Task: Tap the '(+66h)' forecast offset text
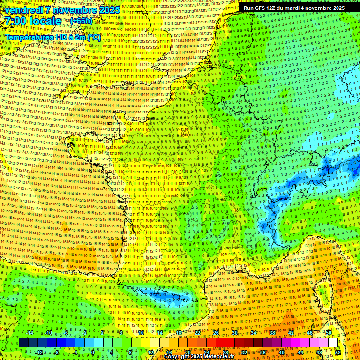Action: (81, 21)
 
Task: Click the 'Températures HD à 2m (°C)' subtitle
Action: (52, 37)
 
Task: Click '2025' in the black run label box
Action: (337, 8)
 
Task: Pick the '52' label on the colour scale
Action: (338, 352)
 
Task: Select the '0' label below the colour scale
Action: (93, 352)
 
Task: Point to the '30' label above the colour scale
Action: (234, 333)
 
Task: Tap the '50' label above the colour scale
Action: (329, 333)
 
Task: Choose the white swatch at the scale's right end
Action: (333, 343)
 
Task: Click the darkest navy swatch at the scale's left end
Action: (23, 343)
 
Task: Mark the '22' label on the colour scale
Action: (197, 333)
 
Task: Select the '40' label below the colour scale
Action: (282, 352)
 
